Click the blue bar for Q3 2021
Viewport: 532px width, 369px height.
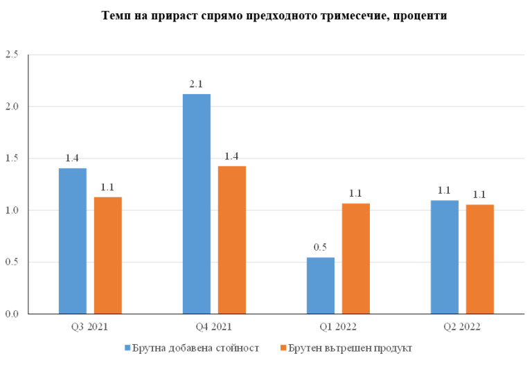click(72, 241)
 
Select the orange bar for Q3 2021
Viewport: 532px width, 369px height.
click(108, 255)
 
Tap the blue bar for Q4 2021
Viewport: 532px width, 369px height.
click(197, 204)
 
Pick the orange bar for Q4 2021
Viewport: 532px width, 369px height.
click(232, 240)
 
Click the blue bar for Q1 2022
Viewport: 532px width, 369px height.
click(321, 285)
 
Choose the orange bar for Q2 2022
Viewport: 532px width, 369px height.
click(480, 259)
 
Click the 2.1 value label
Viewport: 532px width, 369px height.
click(197, 84)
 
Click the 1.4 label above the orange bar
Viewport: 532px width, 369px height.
click(232, 156)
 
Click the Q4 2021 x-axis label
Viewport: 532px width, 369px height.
click(214, 325)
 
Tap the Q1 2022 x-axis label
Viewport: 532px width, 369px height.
click(338, 325)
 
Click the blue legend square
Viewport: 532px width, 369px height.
click(127, 348)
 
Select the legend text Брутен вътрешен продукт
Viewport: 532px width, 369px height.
click(350, 348)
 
